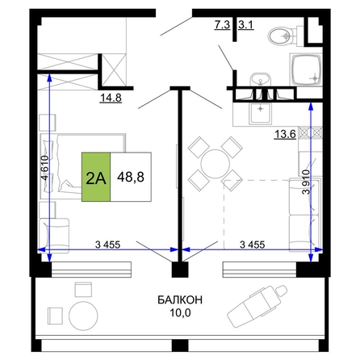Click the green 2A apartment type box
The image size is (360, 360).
[x=96, y=177]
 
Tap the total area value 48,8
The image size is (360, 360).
[x=131, y=177]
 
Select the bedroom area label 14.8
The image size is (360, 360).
[x=111, y=98]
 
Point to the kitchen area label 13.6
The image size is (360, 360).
[x=285, y=134]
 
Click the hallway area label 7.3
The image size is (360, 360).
[x=222, y=25]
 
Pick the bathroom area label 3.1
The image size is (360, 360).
[x=246, y=25]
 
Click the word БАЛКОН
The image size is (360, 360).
[x=180, y=299]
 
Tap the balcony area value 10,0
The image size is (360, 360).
[x=180, y=312]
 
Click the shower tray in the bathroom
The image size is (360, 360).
[x=306, y=70]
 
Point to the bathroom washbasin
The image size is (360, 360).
[x=261, y=80]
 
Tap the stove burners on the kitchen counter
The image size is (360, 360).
[x=311, y=132]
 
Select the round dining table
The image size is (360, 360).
[x=216, y=164]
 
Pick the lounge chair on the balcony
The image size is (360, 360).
[x=257, y=306]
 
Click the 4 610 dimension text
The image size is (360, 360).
[x=45, y=168]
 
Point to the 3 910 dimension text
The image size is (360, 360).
[x=306, y=182]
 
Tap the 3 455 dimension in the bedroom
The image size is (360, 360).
[x=107, y=245]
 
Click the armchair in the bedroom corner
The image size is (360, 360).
[x=54, y=236]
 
